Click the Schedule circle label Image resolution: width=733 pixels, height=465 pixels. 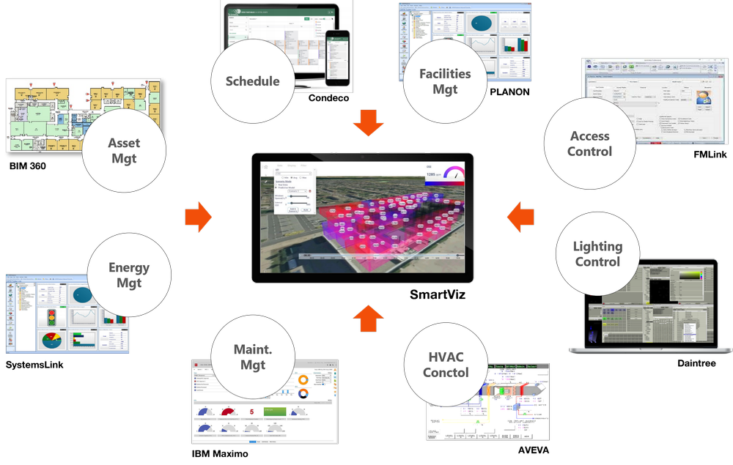(x=253, y=81)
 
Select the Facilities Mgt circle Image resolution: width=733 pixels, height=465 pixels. (x=445, y=81)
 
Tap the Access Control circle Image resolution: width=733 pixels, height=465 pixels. (x=589, y=144)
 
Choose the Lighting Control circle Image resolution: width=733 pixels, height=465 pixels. (x=597, y=254)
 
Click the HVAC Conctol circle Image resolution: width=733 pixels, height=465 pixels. (x=446, y=364)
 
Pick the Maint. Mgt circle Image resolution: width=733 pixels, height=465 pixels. (x=253, y=357)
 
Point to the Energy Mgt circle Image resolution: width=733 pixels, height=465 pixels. (x=129, y=275)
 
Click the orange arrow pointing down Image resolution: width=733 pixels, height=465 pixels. (x=368, y=124)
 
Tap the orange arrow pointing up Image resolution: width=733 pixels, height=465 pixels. (x=368, y=318)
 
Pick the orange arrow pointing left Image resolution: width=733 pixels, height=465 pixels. (x=520, y=217)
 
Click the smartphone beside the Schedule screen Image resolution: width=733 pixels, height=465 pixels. (x=337, y=58)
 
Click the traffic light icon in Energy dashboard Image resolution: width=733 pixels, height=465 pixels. (x=50, y=317)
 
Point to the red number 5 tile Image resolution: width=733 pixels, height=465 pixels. (x=251, y=412)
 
